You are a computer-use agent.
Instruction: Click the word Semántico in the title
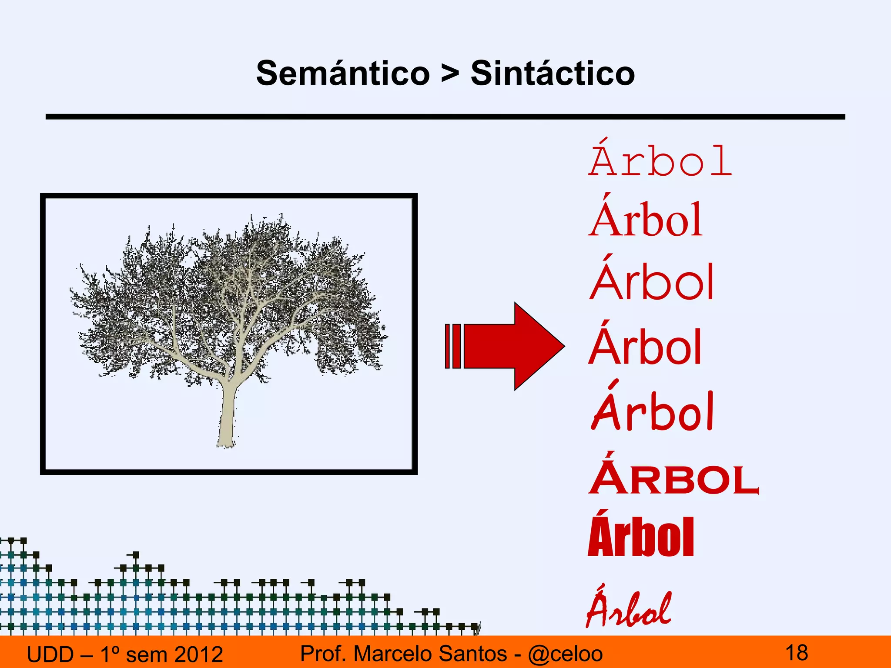point(343,73)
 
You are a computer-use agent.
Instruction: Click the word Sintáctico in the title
point(553,73)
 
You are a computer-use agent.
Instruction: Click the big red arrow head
point(537,346)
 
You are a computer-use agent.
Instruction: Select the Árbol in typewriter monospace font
point(660,161)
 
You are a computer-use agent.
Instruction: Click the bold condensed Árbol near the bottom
point(640,536)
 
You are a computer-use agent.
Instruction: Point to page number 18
point(797,653)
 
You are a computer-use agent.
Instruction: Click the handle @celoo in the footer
point(565,654)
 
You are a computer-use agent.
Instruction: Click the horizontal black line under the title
point(445,117)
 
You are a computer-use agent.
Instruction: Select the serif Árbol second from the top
point(646,220)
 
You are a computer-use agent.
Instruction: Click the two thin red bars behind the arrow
point(452,346)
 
